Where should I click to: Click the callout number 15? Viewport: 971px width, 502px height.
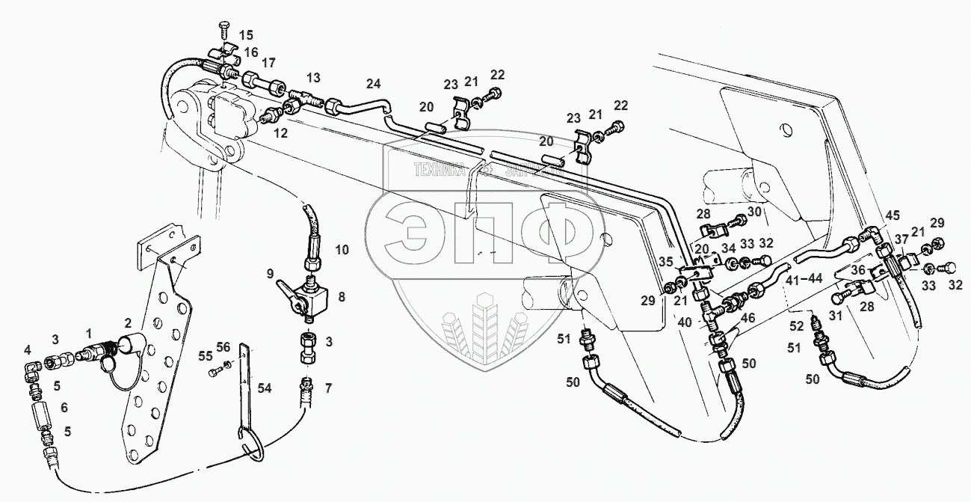pyautogui.click(x=246, y=35)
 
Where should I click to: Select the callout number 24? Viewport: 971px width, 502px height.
pyautogui.click(x=374, y=84)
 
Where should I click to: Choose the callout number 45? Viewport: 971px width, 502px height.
pyautogui.click(x=893, y=217)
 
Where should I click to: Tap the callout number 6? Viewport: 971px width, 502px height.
pyautogui.click(x=64, y=408)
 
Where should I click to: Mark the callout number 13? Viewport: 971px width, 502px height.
pyautogui.click(x=312, y=78)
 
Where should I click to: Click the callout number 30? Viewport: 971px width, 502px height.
pyautogui.click(x=754, y=212)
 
